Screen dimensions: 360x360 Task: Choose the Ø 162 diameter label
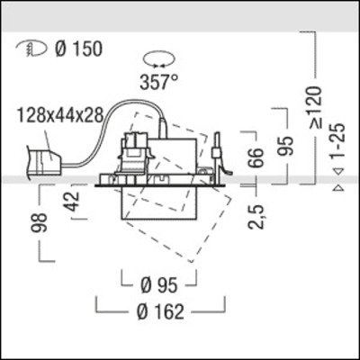point(162,312)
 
